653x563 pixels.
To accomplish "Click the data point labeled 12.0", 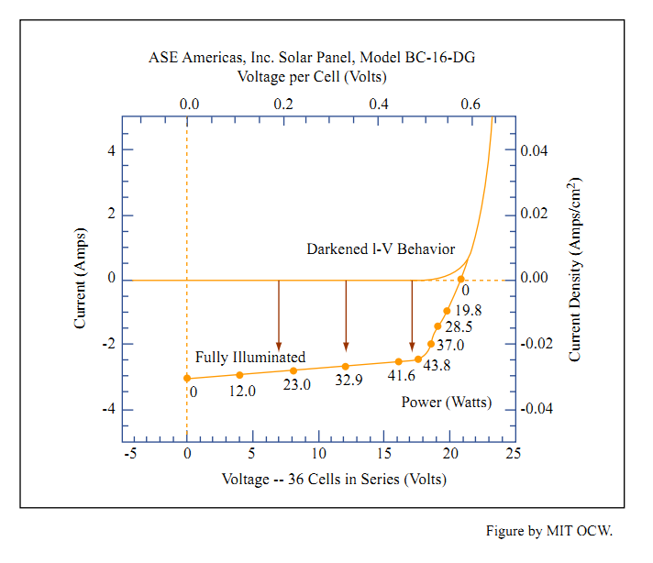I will click(x=240, y=375).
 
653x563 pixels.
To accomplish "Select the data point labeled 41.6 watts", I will click(x=398, y=362).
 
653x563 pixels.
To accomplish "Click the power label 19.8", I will click(x=468, y=311).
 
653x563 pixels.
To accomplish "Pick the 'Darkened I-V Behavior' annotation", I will click(x=380, y=249).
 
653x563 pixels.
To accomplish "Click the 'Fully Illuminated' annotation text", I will click(x=250, y=357).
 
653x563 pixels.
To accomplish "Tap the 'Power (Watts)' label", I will click(x=447, y=403).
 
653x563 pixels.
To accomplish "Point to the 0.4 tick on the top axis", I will click(x=378, y=104).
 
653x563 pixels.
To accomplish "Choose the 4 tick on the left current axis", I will click(x=111, y=150).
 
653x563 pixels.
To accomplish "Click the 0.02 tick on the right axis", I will click(x=541, y=215).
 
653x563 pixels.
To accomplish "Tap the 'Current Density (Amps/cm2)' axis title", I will click(x=576, y=270).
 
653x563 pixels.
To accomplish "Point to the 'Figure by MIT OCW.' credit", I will click(x=548, y=531).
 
